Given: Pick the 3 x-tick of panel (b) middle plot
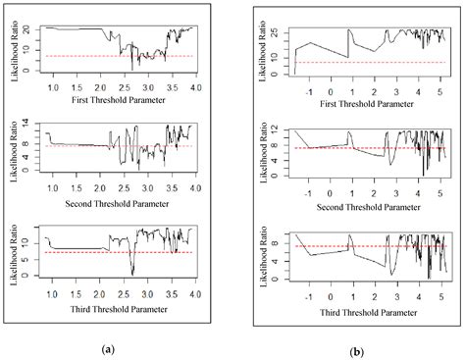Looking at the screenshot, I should pos(398,191).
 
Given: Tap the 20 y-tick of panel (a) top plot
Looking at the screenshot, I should pos(34,28).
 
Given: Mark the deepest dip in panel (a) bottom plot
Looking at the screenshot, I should pos(131,275).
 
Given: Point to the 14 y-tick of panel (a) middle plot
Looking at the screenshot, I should pos(34,125).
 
